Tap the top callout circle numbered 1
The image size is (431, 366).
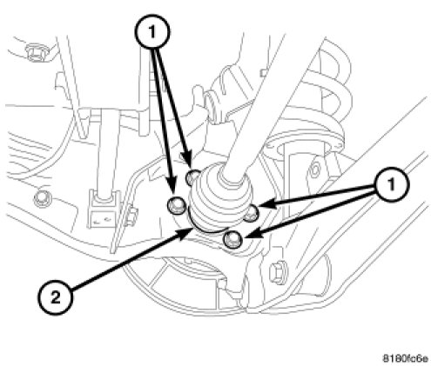click(x=152, y=31)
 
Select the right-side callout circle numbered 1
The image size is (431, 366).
click(x=392, y=184)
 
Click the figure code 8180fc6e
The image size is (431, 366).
click(x=406, y=358)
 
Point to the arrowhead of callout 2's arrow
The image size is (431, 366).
click(x=186, y=233)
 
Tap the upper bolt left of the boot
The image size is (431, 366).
click(x=192, y=177)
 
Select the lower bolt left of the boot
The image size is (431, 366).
click(x=176, y=205)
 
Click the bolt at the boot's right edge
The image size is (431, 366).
click(x=252, y=214)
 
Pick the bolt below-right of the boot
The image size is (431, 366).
click(x=233, y=240)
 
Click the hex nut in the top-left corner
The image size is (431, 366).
click(x=35, y=52)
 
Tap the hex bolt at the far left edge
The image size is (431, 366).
click(x=43, y=199)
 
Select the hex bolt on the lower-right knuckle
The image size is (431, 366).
click(x=278, y=272)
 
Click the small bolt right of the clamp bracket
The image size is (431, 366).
click(x=131, y=215)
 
